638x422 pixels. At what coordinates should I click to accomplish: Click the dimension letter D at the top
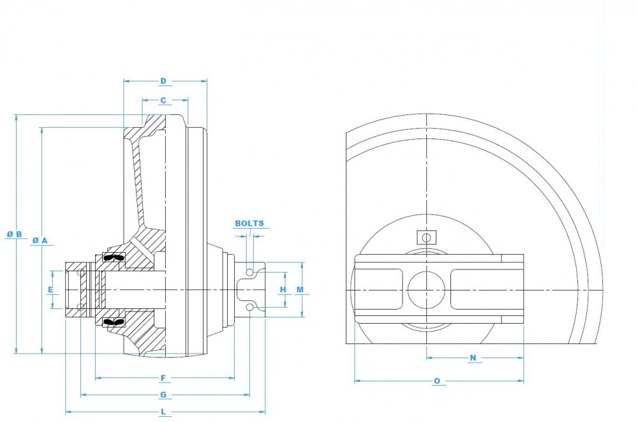point(163,81)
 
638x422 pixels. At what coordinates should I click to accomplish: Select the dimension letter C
point(163,100)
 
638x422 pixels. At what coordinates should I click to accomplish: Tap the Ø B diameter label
point(15,234)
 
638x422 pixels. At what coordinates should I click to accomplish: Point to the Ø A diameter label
point(40,239)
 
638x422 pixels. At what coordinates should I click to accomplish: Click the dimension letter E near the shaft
point(50,289)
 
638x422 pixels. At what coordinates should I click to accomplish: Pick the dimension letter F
point(163,378)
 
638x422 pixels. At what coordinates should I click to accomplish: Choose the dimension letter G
point(163,395)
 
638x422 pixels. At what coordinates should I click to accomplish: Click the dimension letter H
point(283,289)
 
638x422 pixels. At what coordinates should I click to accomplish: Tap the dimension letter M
point(300,289)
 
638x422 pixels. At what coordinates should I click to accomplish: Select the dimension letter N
point(473,358)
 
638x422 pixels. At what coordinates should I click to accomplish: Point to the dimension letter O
point(437,381)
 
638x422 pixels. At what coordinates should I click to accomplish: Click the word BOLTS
point(249,224)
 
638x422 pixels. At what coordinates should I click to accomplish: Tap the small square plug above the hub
point(425,237)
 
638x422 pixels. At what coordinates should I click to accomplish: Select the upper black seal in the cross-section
point(113,257)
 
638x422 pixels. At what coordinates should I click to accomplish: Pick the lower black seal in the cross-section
point(113,322)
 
